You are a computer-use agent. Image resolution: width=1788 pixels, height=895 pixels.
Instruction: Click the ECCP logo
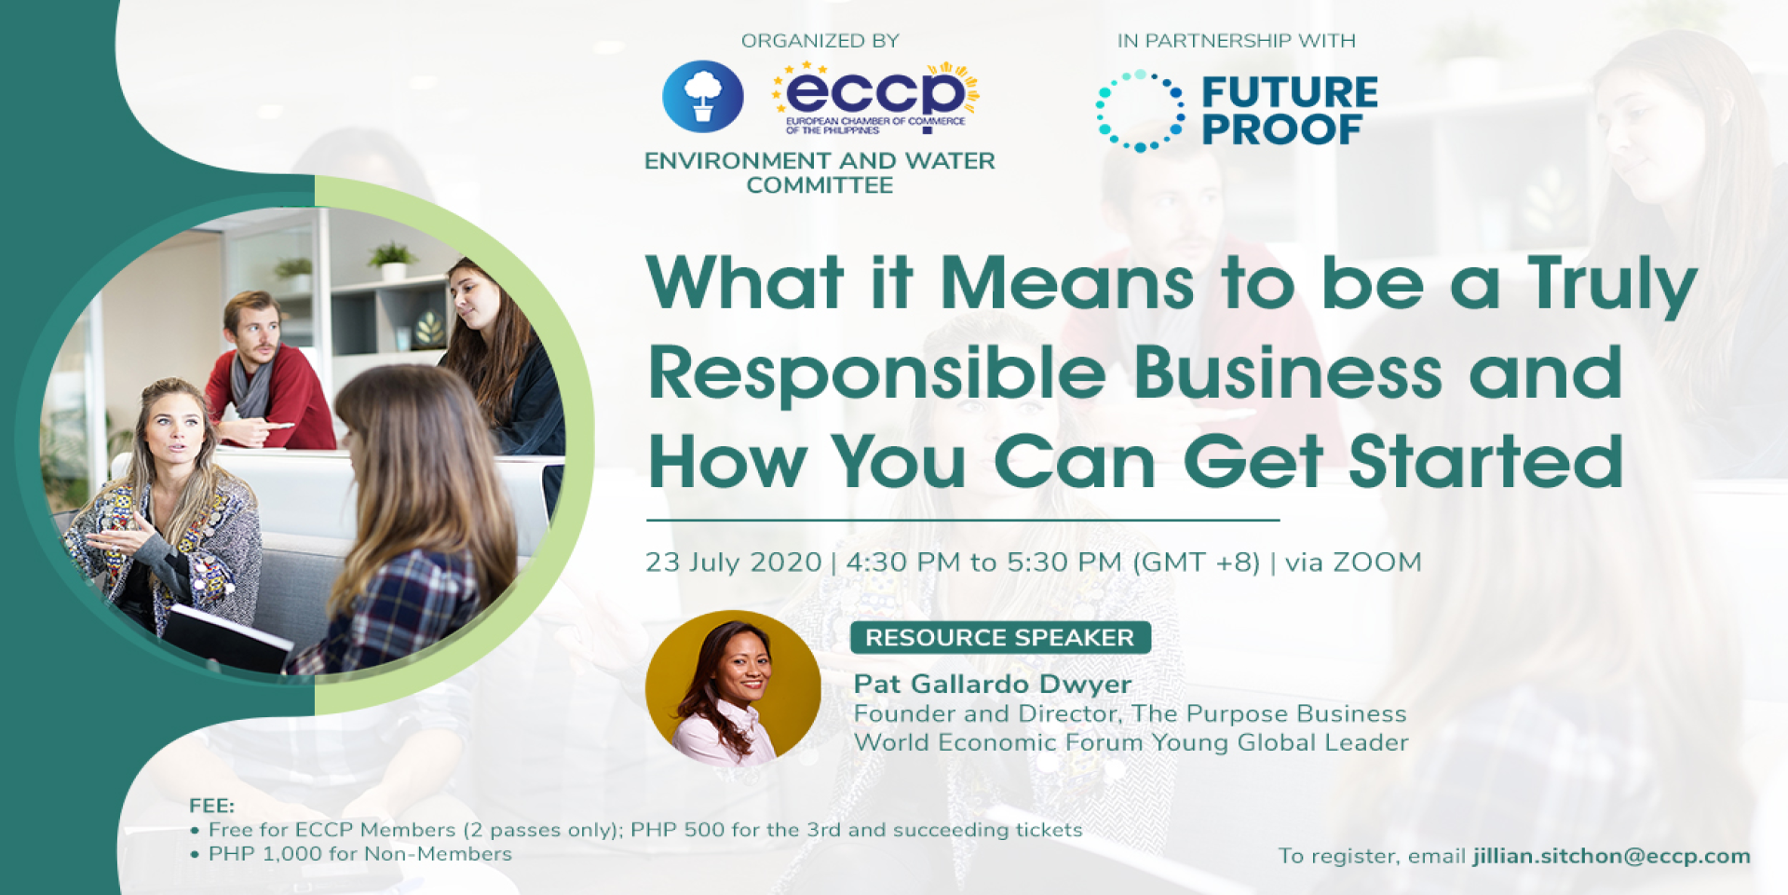click(875, 98)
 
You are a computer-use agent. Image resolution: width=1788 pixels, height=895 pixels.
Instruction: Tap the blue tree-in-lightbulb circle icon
click(703, 96)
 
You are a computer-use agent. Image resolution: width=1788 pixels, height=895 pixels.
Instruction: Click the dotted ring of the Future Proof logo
click(1140, 111)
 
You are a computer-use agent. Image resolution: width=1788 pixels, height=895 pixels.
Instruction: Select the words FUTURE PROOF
click(1290, 111)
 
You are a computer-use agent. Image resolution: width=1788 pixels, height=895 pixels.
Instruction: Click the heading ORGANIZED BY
click(820, 41)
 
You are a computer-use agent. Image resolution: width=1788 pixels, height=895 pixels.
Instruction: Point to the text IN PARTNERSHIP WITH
click(1237, 41)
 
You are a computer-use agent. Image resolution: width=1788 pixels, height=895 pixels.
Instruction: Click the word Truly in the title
click(1612, 284)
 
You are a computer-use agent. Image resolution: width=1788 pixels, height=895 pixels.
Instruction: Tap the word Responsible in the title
click(877, 373)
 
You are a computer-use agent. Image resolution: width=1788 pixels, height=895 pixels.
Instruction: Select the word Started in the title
click(1486, 461)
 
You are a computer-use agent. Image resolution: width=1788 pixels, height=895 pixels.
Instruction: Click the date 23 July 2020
click(734, 563)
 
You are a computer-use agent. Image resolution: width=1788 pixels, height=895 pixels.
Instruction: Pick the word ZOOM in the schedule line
click(1377, 563)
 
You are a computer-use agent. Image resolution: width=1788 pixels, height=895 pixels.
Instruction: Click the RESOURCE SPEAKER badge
click(1000, 638)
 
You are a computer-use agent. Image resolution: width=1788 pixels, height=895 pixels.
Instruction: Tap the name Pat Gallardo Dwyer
click(993, 685)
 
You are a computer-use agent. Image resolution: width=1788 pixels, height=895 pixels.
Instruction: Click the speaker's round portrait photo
click(733, 687)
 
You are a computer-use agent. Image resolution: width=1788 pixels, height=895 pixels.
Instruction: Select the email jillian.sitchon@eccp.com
click(1612, 857)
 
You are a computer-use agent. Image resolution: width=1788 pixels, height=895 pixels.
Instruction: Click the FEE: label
click(212, 806)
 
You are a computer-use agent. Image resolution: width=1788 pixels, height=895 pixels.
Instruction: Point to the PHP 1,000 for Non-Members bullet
click(351, 854)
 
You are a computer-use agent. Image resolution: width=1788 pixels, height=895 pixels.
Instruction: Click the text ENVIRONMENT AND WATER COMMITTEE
click(819, 173)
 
